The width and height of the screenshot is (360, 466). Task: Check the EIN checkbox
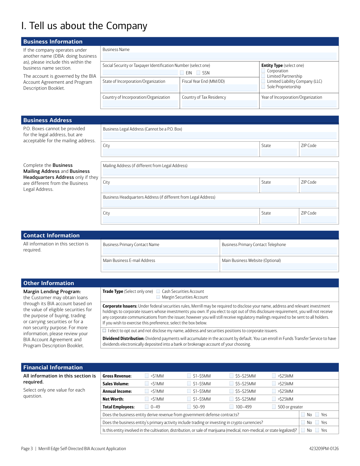(182, 73)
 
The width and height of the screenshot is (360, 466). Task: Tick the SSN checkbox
(198, 73)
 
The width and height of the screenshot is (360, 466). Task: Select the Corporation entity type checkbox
(263, 71)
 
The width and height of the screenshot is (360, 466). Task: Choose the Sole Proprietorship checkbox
(263, 87)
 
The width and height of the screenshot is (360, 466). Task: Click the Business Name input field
(219, 56)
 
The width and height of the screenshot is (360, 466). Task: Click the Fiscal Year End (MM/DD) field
(219, 88)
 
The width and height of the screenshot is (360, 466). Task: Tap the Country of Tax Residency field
(219, 104)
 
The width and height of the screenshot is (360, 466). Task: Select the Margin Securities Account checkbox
(158, 297)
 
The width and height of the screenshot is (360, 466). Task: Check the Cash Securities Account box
(158, 291)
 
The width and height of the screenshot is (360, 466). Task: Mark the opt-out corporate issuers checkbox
(104, 331)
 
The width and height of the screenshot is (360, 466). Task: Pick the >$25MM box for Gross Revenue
(274, 376)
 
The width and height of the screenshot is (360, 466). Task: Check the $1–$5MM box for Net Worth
(189, 399)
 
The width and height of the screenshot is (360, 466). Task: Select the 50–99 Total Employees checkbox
(189, 407)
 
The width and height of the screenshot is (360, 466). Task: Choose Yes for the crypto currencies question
(317, 422)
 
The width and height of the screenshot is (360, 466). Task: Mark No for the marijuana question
(303, 430)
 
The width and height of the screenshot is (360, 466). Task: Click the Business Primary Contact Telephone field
(279, 251)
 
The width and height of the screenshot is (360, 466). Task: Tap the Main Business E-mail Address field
(160, 266)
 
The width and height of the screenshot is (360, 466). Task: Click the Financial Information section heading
(53, 367)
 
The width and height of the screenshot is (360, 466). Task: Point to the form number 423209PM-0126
(324, 449)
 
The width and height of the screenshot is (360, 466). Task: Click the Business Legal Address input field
(220, 135)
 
